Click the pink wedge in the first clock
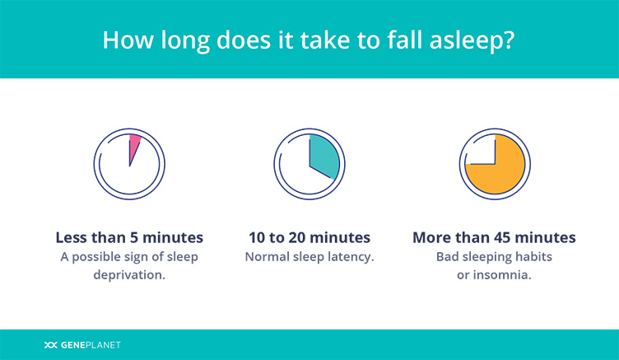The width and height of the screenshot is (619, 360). (134, 145)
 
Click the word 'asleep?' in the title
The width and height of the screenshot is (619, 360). (472, 40)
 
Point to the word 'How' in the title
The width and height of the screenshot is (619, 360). (128, 40)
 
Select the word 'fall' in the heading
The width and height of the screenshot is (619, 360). (405, 40)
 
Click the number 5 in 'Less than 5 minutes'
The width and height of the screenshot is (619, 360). (134, 237)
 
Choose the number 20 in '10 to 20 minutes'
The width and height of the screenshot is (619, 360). (297, 237)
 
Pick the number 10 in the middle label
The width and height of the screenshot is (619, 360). (257, 237)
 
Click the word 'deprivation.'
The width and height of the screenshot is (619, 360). (129, 275)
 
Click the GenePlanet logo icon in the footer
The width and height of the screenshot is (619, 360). (50, 345)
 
